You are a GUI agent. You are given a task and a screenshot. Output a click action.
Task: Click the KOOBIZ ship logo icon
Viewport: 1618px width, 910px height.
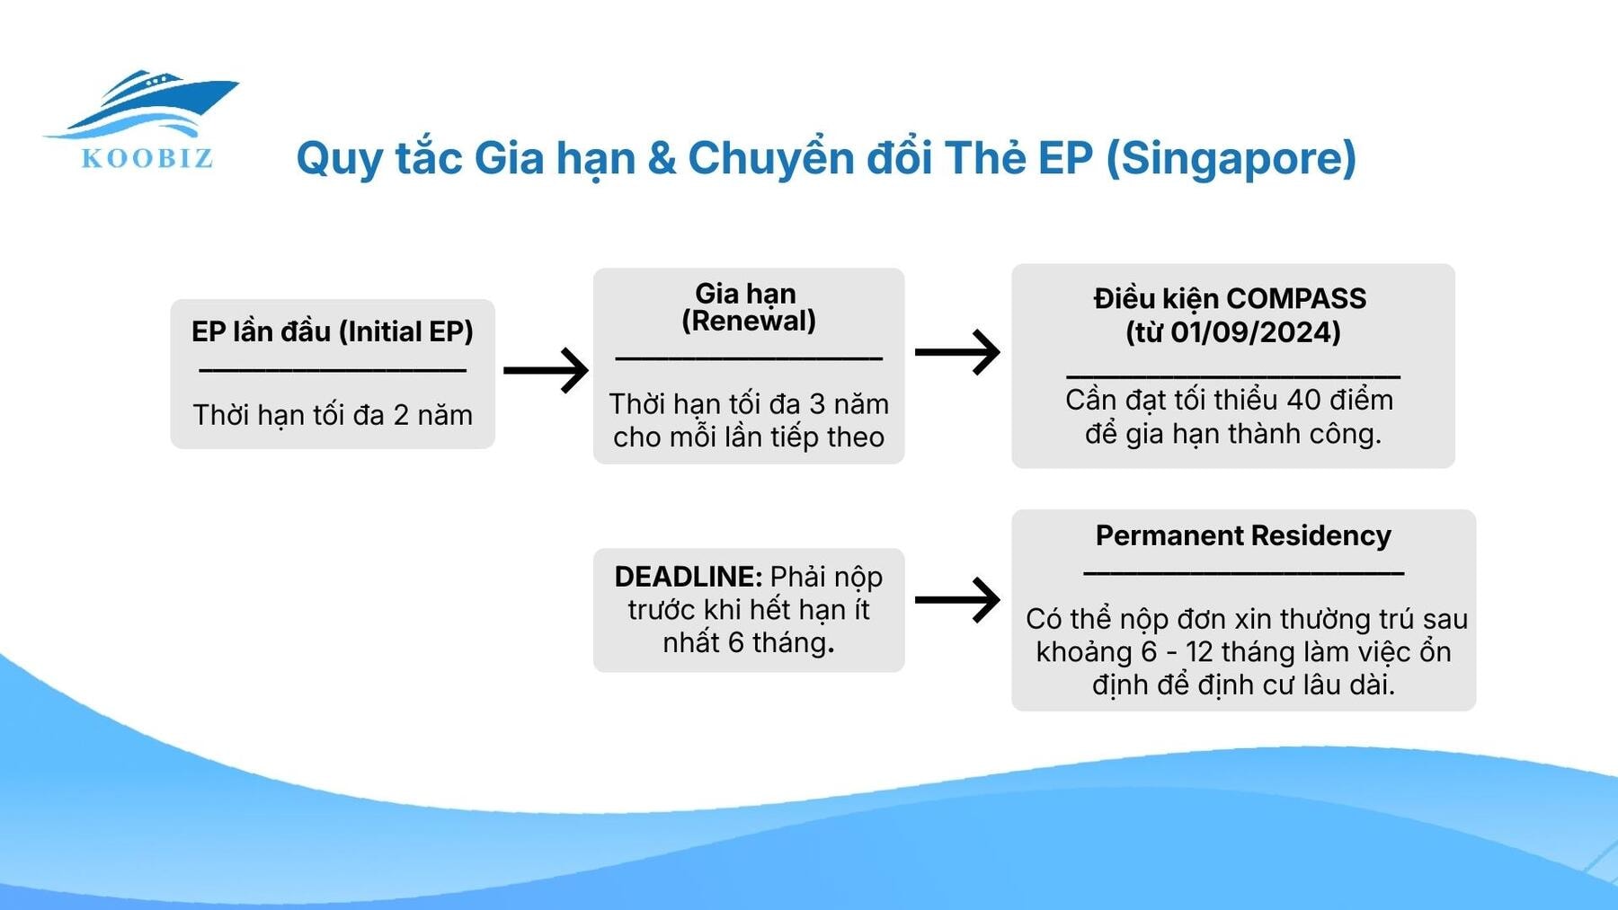(148, 103)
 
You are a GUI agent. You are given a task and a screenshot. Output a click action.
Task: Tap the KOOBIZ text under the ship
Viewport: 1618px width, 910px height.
(147, 159)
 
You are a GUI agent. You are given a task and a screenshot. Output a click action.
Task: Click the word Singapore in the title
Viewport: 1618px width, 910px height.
(1231, 158)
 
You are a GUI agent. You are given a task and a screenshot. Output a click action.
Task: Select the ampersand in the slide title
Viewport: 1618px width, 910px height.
(662, 158)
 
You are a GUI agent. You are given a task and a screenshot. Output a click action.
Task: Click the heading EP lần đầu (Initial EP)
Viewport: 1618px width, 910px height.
(332, 331)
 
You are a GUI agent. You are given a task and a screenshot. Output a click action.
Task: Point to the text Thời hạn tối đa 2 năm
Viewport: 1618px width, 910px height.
(332, 415)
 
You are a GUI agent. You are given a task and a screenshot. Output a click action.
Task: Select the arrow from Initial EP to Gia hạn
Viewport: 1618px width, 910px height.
(545, 370)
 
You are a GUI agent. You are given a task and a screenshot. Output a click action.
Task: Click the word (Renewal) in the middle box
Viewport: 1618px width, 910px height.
(748, 321)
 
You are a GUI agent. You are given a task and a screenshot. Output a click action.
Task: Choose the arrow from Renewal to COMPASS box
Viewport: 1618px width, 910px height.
(956, 352)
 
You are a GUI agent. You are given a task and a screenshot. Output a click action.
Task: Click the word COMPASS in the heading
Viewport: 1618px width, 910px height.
(1295, 298)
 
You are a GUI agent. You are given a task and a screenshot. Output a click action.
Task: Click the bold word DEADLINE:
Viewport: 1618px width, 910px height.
(688, 577)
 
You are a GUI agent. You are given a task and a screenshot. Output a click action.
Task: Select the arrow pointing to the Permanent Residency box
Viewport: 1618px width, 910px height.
(956, 600)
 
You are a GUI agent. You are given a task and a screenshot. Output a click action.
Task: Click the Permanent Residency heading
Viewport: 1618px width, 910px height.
(1242, 535)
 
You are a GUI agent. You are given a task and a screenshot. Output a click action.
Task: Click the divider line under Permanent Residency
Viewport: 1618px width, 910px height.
(1242, 572)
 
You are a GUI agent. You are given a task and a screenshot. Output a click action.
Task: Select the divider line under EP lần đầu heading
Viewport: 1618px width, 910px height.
(332, 370)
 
